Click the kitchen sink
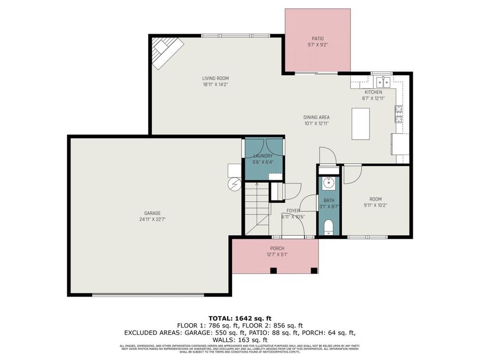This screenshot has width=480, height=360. click(382, 82)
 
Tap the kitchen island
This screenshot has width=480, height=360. click(361, 123)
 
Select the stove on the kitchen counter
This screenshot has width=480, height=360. click(398, 114)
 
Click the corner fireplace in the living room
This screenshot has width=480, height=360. click(166, 52)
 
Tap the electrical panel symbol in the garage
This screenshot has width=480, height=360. click(235, 184)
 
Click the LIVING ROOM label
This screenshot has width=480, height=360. click(215, 78)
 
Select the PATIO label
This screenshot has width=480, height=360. click(318, 38)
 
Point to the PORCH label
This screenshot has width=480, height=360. click(277, 249)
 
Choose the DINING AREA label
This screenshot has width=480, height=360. click(316, 117)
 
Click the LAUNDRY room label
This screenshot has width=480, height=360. click(263, 156)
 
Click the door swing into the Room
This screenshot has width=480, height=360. click(351, 175)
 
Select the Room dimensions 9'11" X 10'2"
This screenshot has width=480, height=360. click(376, 205)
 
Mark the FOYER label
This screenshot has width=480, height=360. click(293, 211)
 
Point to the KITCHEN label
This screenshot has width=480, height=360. click(373, 92)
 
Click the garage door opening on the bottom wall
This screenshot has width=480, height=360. click(148, 294)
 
